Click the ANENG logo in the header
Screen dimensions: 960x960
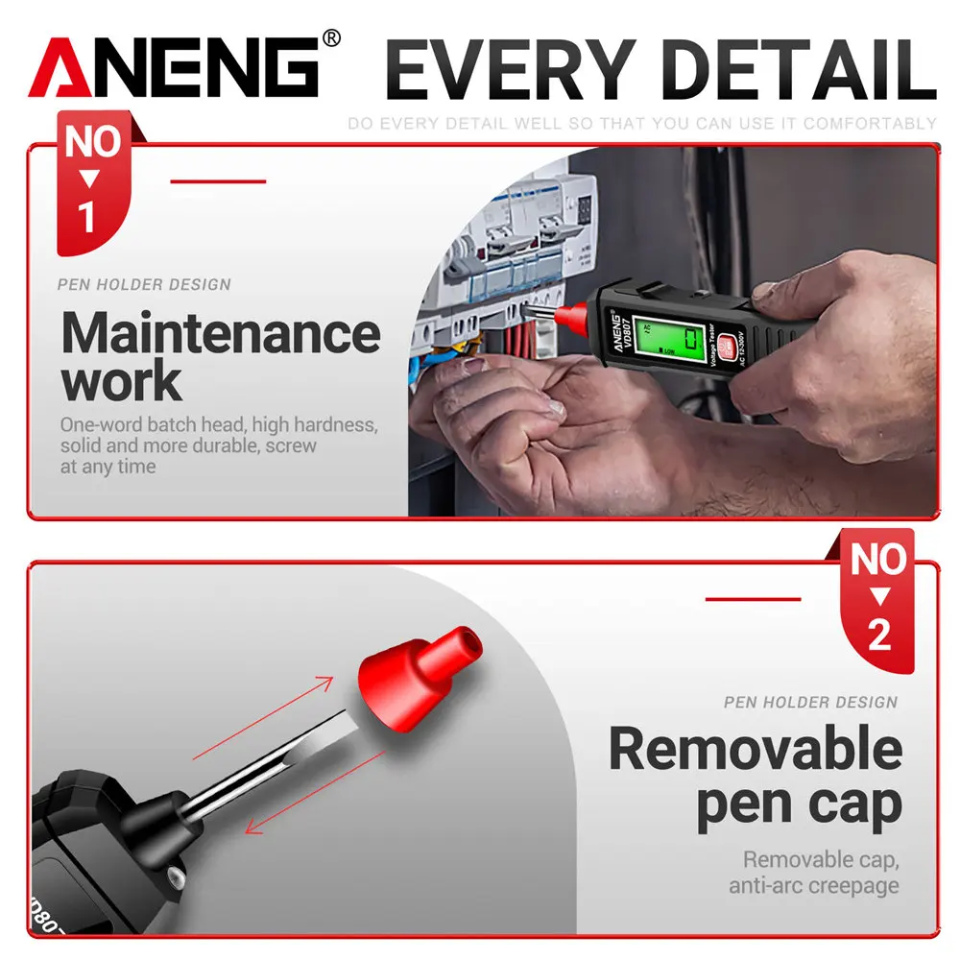173,69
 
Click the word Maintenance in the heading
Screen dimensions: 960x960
221,334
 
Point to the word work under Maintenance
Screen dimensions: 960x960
121,381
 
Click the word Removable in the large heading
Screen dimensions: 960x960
756,750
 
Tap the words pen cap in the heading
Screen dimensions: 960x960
799,804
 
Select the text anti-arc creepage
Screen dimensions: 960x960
814,885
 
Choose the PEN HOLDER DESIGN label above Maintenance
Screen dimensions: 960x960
144,285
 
